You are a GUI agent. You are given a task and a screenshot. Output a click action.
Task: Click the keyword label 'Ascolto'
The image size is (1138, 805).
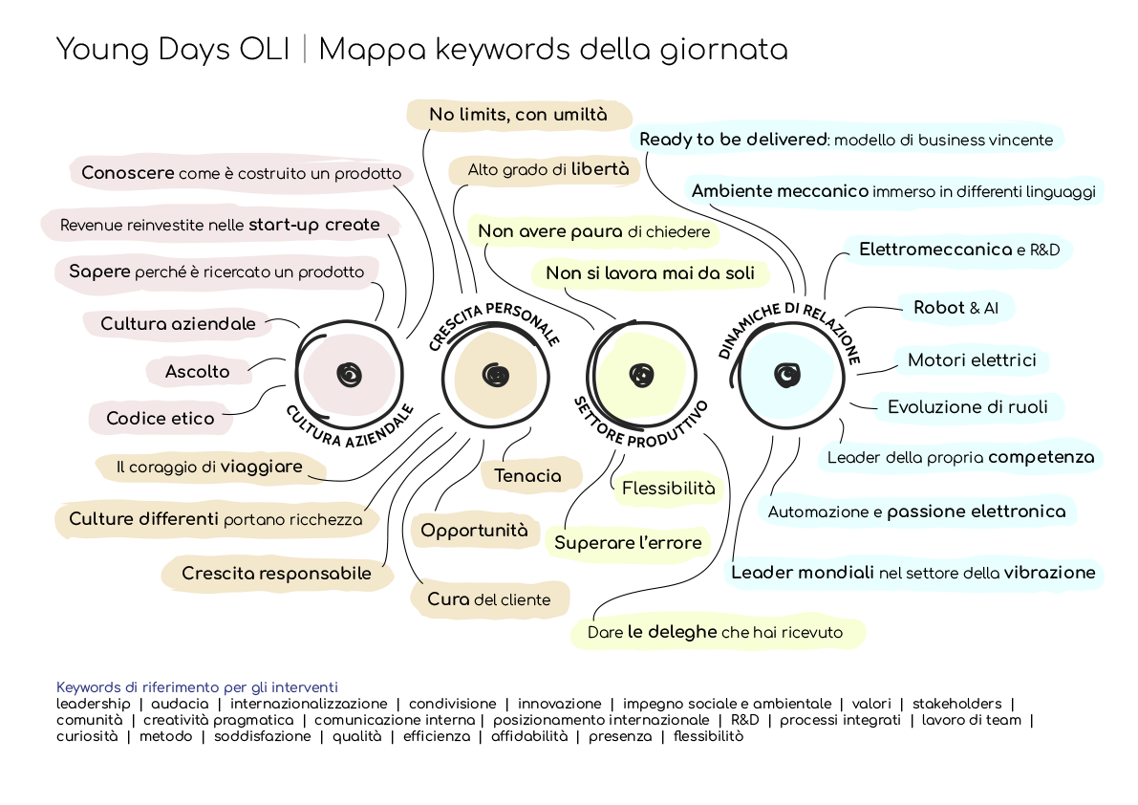tap(197, 371)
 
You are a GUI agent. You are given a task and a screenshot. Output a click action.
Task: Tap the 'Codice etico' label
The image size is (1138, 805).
tap(161, 418)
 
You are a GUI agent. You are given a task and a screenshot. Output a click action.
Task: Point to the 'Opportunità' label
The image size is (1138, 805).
tap(474, 531)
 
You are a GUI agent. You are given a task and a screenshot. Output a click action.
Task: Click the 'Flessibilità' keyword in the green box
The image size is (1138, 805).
tap(668, 489)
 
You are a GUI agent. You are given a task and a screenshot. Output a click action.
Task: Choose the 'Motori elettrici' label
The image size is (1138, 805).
tap(972, 360)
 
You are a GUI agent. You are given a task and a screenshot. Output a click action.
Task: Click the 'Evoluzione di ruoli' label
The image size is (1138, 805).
tap(967, 407)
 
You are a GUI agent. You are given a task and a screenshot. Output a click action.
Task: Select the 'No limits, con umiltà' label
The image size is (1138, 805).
tap(518, 115)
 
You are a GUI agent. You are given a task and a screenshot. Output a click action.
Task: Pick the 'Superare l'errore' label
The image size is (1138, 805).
tap(628, 543)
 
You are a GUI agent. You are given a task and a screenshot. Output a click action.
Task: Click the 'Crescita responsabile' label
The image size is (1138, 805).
tap(276, 574)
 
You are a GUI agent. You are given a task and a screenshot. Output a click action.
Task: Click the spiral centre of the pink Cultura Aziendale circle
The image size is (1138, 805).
tap(349, 375)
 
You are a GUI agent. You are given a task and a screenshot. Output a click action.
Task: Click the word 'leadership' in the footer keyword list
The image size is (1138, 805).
tap(94, 704)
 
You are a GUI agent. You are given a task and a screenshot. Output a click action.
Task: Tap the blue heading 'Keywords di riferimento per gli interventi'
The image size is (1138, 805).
tap(197, 687)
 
